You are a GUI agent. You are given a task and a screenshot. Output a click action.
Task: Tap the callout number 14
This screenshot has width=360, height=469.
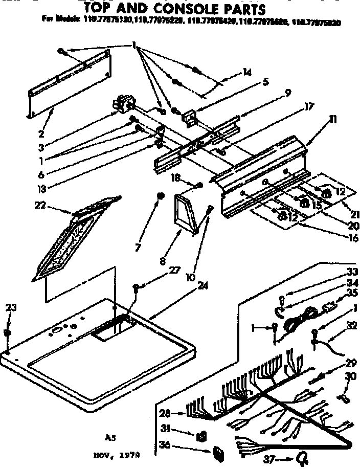247,73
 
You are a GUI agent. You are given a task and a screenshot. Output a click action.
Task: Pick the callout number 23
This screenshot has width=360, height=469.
11,308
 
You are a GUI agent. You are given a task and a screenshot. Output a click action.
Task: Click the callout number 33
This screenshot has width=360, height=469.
350,272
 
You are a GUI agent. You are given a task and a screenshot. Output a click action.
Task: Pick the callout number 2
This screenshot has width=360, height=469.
41,135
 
